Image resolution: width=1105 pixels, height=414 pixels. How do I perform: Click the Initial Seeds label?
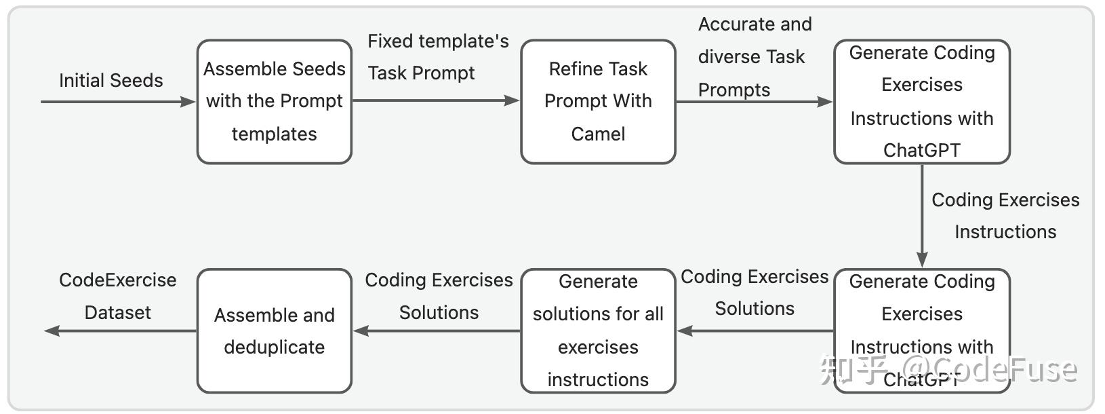111,80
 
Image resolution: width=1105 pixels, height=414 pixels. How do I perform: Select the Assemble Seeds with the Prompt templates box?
275,102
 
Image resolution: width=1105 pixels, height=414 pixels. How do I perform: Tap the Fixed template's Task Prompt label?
438,57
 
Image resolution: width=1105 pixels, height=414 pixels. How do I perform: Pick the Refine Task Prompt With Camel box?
598,102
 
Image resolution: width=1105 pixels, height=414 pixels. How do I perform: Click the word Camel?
598,134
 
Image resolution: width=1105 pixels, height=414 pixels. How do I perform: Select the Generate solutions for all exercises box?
598,331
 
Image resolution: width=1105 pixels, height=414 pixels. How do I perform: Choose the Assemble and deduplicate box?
275,331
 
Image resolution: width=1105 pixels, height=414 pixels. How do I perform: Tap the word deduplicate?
275,347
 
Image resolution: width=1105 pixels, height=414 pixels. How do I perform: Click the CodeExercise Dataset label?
117,296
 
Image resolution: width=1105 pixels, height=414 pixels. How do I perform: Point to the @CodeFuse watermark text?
990,369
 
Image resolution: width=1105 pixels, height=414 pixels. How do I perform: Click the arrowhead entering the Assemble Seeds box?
188,102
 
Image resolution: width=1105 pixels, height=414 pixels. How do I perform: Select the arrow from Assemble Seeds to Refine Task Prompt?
436,100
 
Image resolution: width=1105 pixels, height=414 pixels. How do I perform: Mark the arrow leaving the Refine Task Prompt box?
755,102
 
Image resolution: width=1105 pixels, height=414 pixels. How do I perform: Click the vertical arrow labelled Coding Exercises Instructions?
922,216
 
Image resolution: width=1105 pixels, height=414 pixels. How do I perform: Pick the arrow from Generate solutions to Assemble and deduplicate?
437,331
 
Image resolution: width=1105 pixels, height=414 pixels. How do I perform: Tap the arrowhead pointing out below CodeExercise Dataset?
52,331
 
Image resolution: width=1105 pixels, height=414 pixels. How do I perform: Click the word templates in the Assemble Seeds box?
275,134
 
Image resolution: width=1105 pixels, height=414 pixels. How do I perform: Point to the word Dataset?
117,312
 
